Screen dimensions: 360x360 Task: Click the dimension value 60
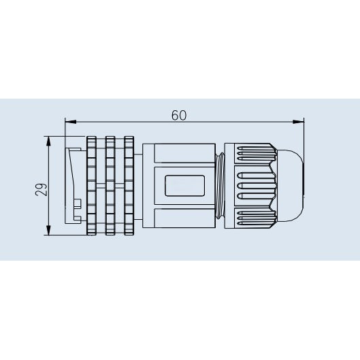point(179,115)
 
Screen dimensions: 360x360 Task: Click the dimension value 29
point(41,189)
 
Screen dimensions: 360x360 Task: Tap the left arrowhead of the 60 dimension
point(71,122)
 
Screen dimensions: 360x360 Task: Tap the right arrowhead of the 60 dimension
point(298,122)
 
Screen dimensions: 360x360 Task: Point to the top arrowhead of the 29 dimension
point(48,142)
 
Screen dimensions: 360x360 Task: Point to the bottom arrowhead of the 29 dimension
point(48,230)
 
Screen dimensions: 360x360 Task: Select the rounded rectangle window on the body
point(184,186)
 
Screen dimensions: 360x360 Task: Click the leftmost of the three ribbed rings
point(91,186)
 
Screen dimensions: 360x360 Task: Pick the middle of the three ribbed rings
point(110,186)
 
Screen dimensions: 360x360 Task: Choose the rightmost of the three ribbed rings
point(129,186)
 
